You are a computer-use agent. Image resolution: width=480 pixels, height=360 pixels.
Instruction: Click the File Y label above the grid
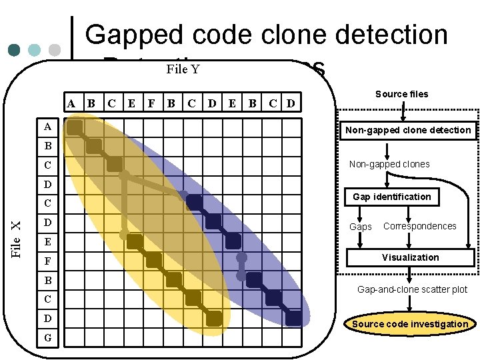[x=183, y=69]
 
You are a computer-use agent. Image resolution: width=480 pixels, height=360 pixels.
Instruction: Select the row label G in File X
[x=47, y=338]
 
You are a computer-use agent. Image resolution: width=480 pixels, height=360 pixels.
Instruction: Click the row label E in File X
[x=47, y=241]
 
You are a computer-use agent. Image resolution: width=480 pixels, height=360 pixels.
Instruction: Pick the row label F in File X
[x=47, y=260]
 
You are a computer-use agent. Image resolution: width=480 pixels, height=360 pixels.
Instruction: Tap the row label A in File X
[x=47, y=127]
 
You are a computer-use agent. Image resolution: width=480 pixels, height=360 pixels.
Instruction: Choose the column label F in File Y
[x=151, y=103]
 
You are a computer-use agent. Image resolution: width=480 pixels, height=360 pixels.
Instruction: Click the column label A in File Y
[x=71, y=103]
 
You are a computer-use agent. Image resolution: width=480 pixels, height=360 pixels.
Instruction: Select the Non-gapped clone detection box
[x=408, y=130]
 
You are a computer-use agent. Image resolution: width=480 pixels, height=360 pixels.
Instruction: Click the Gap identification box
[x=392, y=197]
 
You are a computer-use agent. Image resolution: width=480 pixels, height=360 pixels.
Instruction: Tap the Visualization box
[x=410, y=257]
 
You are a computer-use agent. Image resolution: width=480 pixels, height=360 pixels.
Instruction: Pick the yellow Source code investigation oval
[x=410, y=324]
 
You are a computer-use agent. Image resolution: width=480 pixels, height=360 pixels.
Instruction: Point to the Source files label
[x=401, y=94]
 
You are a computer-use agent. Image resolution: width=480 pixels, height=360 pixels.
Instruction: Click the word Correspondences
[x=420, y=226]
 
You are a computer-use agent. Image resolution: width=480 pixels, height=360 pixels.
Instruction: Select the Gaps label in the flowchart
[x=361, y=227]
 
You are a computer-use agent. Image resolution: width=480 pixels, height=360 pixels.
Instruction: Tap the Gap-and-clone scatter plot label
[x=412, y=289]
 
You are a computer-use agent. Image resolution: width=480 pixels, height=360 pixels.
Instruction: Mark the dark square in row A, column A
[x=75, y=127]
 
